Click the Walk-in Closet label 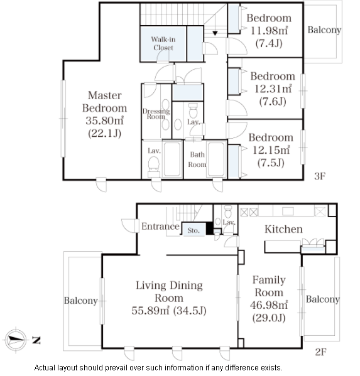(x=163, y=43)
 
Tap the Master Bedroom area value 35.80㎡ (x=105, y=121)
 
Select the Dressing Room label (x=156, y=114)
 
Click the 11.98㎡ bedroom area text (x=269, y=31)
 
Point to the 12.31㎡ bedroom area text (x=273, y=89)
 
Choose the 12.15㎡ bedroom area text (x=271, y=150)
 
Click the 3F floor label (x=320, y=176)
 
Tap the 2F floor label (x=320, y=352)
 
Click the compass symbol (x=16, y=340)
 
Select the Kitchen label (x=283, y=229)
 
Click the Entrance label (x=160, y=227)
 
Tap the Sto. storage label (x=194, y=230)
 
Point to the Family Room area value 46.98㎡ (x=269, y=305)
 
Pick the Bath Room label (x=197, y=159)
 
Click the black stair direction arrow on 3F (x=215, y=33)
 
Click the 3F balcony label (x=324, y=30)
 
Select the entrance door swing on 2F (x=129, y=225)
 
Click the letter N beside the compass (x=36, y=340)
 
